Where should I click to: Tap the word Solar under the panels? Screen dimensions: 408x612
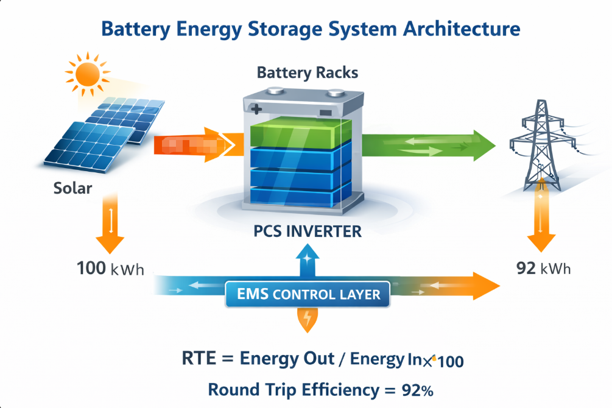(72, 188)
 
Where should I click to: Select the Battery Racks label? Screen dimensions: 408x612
(307, 73)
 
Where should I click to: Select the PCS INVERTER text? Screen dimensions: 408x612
(308, 232)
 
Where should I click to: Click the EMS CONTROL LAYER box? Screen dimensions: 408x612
(307, 295)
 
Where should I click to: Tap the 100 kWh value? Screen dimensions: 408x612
(110, 268)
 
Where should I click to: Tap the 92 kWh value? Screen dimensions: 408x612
(544, 268)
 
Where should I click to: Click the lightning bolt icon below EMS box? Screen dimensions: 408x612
(308, 318)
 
